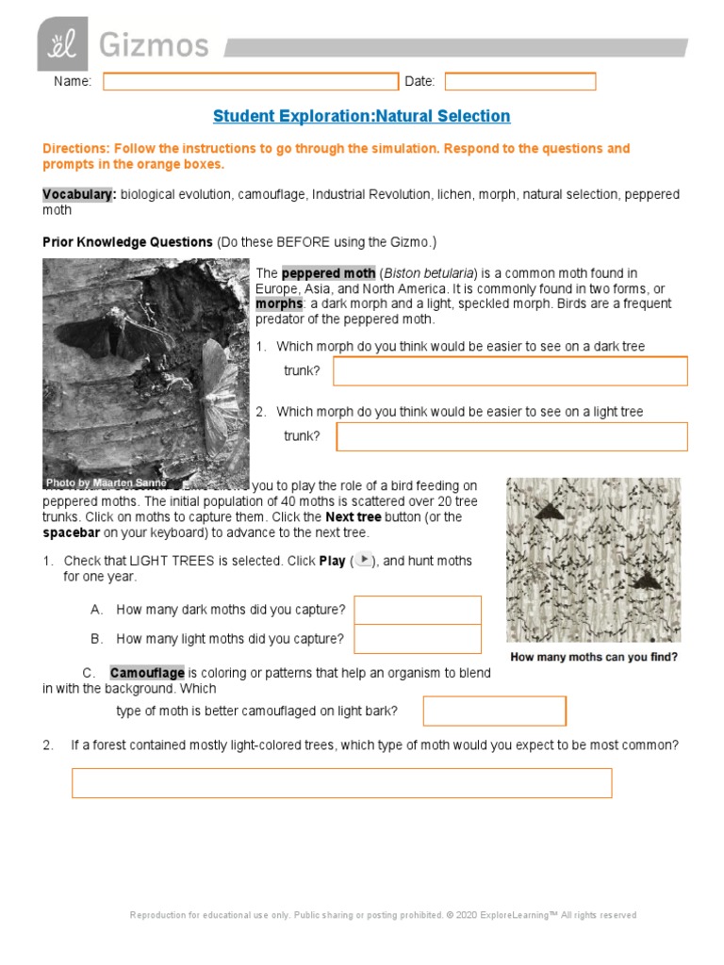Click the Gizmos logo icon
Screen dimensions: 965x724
pyautogui.click(x=62, y=44)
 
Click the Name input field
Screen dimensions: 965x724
pyautogui.click(x=251, y=82)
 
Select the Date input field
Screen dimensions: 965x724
pyautogui.click(x=520, y=82)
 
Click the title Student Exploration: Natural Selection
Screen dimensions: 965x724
pyautogui.click(x=361, y=116)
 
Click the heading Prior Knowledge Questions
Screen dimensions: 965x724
pyautogui.click(x=127, y=242)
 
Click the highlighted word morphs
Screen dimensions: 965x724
pyautogui.click(x=279, y=304)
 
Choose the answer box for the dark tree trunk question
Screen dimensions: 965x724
pyautogui.click(x=510, y=371)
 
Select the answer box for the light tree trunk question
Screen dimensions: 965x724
pyautogui.click(x=512, y=436)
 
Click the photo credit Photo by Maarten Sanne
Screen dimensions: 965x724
pyautogui.click(x=106, y=482)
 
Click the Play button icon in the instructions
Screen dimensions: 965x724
pyautogui.click(x=364, y=560)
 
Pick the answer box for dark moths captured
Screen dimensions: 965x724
pyautogui.click(x=418, y=610)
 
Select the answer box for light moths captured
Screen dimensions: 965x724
pyautogui.click(x=418, y=639)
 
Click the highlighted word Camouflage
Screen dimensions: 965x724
pyautogui.click(x=147, y=673)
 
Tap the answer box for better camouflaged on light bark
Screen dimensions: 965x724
pyautogui.click(x=494, y=711)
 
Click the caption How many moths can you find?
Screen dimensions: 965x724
pyautogui.click(x=593, y=657)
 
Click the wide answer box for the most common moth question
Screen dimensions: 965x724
pyautogui.click(x=341, y=783)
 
